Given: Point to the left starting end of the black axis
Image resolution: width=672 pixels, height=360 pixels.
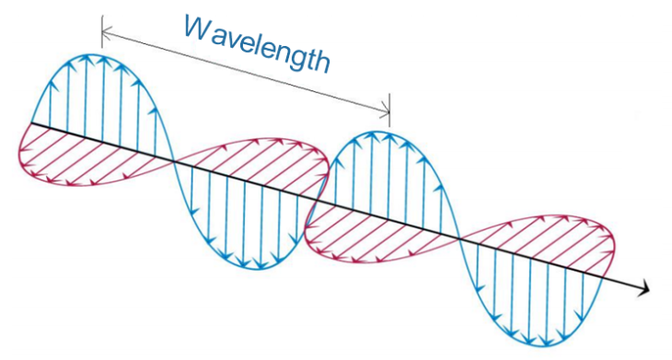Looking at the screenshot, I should point(32,122).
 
